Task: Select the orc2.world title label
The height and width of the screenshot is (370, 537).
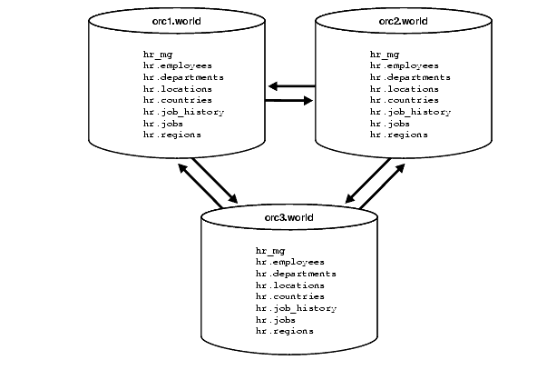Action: click(402, 20)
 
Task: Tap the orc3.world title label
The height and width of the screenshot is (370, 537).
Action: click(288, 217)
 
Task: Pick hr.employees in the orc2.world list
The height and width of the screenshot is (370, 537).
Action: click(405, 66)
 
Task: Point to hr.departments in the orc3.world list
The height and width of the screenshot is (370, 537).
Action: click(296, 274)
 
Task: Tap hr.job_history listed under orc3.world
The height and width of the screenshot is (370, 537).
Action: click(296, 308)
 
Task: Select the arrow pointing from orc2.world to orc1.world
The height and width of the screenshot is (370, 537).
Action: click(290, 86)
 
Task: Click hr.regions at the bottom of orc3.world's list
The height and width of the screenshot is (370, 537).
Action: click(285, 331)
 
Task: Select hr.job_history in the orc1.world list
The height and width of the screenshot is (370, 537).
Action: click(183, 112)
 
